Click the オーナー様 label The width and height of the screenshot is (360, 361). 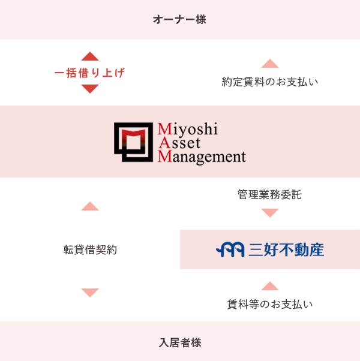tap(179, 20)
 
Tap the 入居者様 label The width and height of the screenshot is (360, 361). tap(179, 343)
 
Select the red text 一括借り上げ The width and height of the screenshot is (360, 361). tap(90, 73)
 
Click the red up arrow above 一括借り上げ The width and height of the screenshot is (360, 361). tap(90, 56)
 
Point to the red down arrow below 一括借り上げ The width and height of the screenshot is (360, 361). tap(90, 89)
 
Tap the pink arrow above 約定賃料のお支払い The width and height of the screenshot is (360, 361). tap(270, 63)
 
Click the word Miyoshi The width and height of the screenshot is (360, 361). tap(187, 130)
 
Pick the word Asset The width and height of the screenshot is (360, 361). tap(178, 143)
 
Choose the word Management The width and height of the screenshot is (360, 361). tap(202, 158)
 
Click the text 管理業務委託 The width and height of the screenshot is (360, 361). tap(270, 194)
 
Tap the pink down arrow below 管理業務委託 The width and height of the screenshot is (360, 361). tap(270, 213)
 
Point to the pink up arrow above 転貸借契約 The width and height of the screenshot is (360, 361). tap(90, 206)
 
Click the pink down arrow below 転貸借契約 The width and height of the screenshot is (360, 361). tap(90, 293)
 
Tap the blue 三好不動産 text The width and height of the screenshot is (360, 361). tap(286, 249)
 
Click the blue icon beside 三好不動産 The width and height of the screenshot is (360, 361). tap(230, 249)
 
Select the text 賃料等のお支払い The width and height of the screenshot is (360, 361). tap(270, 304)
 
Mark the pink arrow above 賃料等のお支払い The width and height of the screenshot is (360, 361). tap(270, 285)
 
